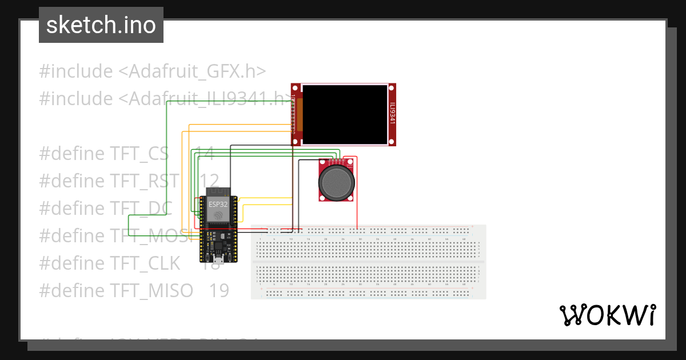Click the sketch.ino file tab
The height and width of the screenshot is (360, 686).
tap(101, 25)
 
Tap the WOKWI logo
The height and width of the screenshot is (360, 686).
tap(607, 315)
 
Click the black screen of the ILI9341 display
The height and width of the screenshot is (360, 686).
tap(344, 114)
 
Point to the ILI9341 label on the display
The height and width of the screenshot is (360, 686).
tap(392, 114)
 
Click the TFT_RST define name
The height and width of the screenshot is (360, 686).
tap(144, 181)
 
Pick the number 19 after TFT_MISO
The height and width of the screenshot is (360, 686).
tap(219, 290)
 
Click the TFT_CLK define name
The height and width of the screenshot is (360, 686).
tap(145, 263)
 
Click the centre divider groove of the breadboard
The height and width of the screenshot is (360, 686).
tap(369, 262)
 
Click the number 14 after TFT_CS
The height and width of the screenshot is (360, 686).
tap(204, 154)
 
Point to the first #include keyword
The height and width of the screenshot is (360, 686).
tap(76, 71)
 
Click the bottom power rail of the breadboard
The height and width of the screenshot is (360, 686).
tap(369, 293)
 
